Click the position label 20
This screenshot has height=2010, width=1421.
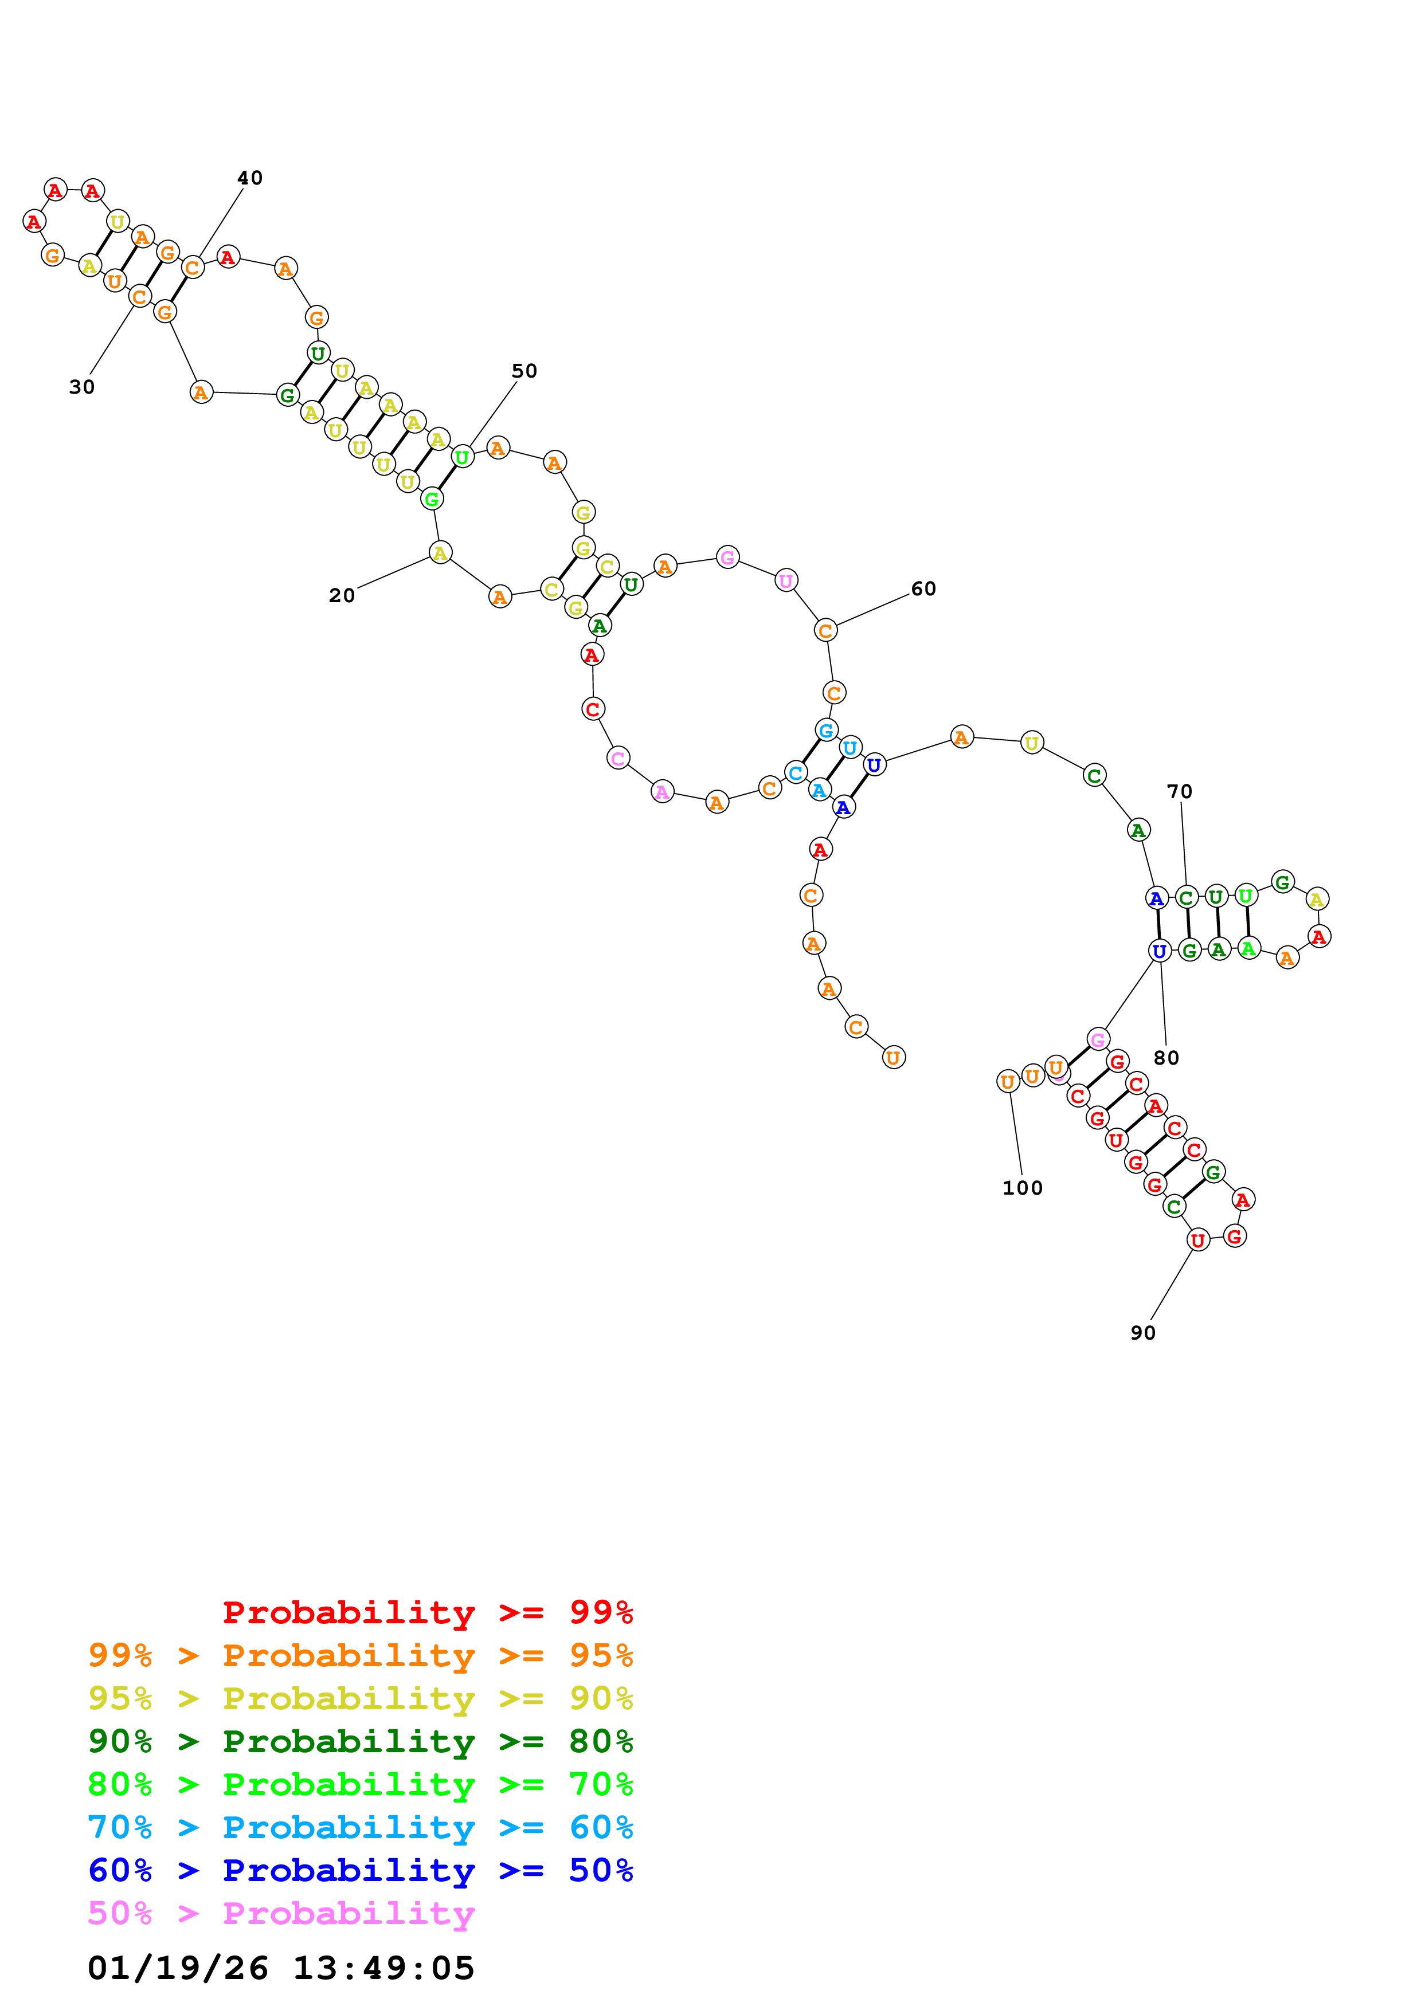(342, 595)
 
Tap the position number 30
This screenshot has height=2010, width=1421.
(81, 387)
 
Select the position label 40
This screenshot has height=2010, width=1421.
(249, 178)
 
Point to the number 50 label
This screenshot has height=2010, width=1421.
(523, 371)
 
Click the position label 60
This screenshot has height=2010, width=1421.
(923, 588)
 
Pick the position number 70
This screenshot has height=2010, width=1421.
(1179, 791)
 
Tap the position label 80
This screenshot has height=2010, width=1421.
(1166, 1058)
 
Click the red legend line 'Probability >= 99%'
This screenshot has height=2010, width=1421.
(427, 1612)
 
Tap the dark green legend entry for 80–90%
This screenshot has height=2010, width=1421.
(360, 1741)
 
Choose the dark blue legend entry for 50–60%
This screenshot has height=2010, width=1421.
(360, 1870)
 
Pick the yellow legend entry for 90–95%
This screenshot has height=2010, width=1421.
(360, 1698)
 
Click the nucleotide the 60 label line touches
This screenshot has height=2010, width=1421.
(825, 630)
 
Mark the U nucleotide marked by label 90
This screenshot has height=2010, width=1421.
(1197, 1239)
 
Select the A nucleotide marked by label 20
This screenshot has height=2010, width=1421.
(440, 552)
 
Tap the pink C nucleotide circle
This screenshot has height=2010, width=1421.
(618, 758)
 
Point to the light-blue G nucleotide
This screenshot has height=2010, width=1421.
(825, 729)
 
